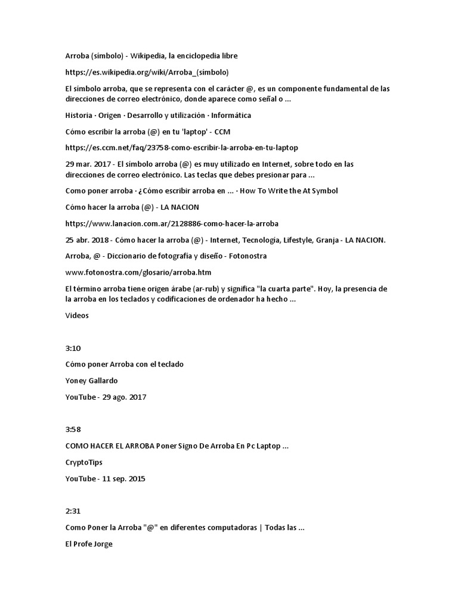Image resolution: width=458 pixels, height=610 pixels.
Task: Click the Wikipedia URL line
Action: coord(147,72)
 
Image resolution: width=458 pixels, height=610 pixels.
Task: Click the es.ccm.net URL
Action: coord(181,147)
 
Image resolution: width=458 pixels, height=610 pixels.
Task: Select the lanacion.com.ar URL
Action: coord(172,223)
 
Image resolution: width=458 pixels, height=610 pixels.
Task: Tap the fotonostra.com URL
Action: coord(138,272)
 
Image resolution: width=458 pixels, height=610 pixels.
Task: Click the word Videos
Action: coord(77,316)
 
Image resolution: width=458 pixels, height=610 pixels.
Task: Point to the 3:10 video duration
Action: coord(72,348)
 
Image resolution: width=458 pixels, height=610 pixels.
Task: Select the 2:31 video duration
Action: coord(72,512)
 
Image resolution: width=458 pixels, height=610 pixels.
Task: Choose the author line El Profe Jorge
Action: coord(89,544)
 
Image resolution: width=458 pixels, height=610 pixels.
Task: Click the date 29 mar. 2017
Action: coord(88,164)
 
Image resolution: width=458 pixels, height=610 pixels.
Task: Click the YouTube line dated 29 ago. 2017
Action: coord(106,397)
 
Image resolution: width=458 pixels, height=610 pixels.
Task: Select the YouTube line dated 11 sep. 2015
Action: coord(106,478)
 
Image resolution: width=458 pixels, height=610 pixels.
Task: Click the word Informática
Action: coord(230,115)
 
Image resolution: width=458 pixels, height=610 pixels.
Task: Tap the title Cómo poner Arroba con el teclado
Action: coord(125,365)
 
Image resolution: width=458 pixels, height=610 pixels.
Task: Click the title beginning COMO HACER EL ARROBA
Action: coord(177,446)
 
